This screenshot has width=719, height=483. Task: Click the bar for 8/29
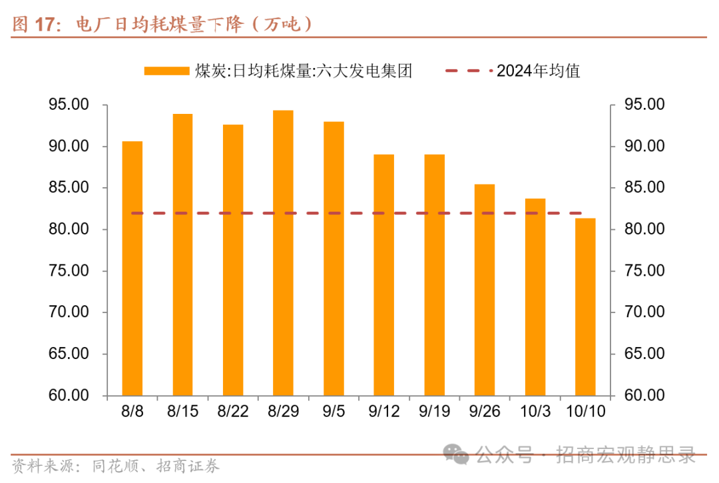283,253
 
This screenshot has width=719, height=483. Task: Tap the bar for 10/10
585,307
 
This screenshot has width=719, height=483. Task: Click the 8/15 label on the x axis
182,412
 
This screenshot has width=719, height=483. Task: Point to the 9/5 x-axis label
334,412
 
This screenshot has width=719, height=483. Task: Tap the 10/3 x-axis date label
535,412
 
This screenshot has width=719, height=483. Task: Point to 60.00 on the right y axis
644,395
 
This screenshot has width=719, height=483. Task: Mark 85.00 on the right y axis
644,188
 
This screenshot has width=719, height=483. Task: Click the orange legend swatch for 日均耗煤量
166,71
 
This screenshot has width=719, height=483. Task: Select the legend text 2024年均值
539,71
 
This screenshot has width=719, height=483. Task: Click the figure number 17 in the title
44,25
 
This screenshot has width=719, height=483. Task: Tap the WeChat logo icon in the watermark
458,455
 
